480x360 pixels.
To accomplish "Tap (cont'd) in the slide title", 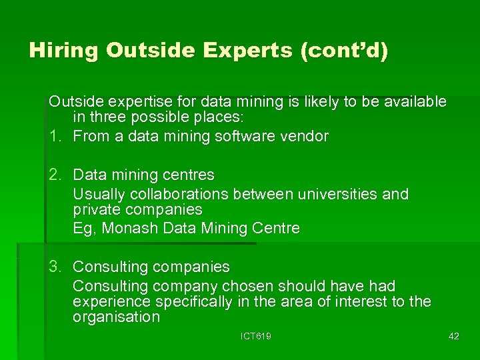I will point(345,51).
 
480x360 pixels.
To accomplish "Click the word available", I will point(412,102).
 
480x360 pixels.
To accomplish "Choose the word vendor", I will point(304,137).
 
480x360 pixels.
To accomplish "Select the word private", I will point(96,210).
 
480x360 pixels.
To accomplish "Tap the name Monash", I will point(128,229).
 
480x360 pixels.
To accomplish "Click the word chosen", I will point(246,287).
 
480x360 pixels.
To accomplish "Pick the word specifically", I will point(193,302).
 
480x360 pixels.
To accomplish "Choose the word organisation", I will point(116,317).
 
